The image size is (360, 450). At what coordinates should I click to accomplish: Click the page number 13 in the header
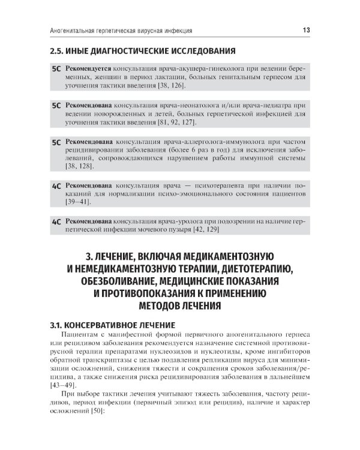click(305, 29)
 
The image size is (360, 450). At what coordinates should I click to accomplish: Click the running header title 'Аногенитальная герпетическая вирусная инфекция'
click(118, 29)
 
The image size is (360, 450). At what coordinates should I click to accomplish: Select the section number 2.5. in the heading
click(59, 50)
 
